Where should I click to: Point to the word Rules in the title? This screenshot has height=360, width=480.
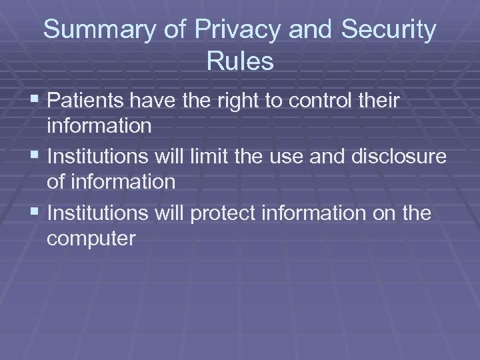(x=240, y=61)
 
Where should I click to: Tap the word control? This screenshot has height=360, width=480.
(x=319, y=101)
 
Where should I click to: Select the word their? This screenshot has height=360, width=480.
(x=379, y=101)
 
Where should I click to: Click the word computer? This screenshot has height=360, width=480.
(x=91, y=239)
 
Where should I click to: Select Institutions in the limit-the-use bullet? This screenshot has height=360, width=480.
(x=100, y=157)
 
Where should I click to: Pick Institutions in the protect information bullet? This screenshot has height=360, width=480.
(x=100, y=213)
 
